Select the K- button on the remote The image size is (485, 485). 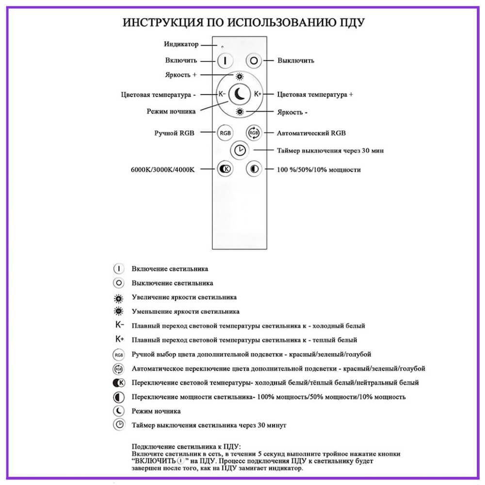coord(222,94)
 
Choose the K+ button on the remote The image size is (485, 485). coord(258,94)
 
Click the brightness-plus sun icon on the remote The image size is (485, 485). coord(240,76)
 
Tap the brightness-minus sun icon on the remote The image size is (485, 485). coord(240,112)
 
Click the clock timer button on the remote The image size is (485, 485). coord(239,150)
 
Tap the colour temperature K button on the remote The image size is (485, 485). coord(225,169)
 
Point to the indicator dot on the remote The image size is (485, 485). coord(222,47)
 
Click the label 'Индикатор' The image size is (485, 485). coord(181,44)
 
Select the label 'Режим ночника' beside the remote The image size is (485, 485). coord(171,111)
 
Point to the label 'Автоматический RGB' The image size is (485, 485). coord(311,132)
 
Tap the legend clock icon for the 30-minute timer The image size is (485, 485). coord(119,425)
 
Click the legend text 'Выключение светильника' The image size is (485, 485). coord(172,283)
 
